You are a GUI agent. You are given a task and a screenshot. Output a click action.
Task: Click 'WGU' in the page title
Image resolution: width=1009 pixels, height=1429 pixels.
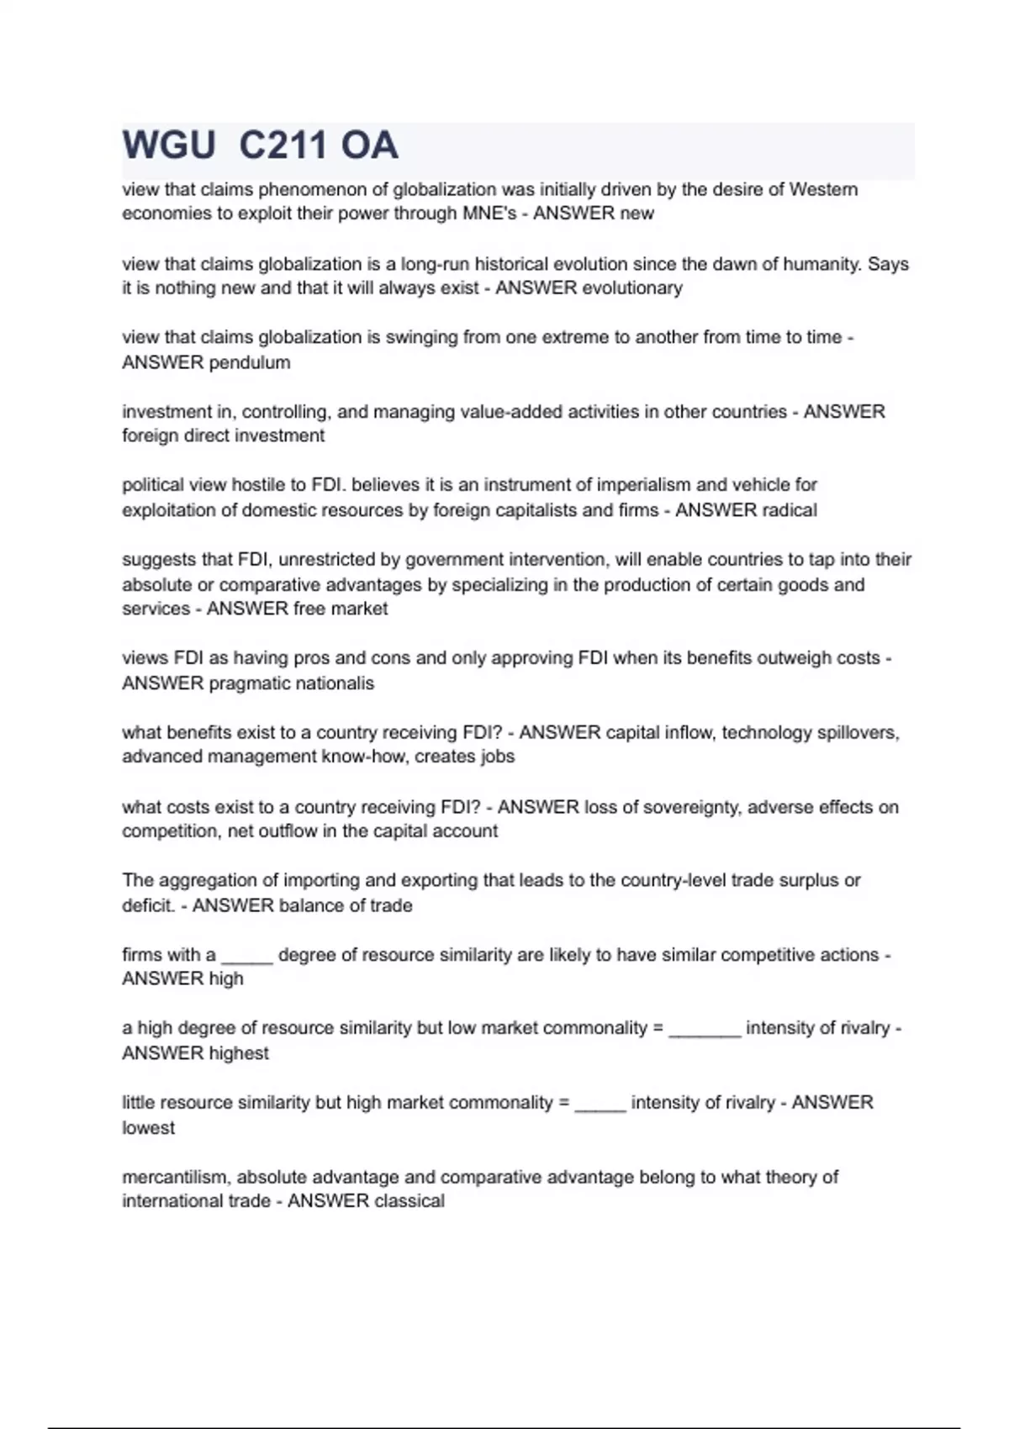pos(169,145)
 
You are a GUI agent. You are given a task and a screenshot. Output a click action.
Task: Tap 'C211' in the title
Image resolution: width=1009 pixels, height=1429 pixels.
pos(282,145)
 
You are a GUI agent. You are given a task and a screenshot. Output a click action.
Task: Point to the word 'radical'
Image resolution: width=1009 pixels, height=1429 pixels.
pos(789,510)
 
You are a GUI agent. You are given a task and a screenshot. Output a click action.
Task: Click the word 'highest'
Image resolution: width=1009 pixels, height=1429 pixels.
pos(239,1053)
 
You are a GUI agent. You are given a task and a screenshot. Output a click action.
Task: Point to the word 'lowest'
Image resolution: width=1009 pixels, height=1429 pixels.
pos(148,1128)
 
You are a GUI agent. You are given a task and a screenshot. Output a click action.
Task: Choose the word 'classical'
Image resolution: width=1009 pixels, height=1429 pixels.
pos(409,1201)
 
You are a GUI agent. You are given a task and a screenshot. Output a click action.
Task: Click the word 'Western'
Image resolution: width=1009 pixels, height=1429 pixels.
pos(823,189)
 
